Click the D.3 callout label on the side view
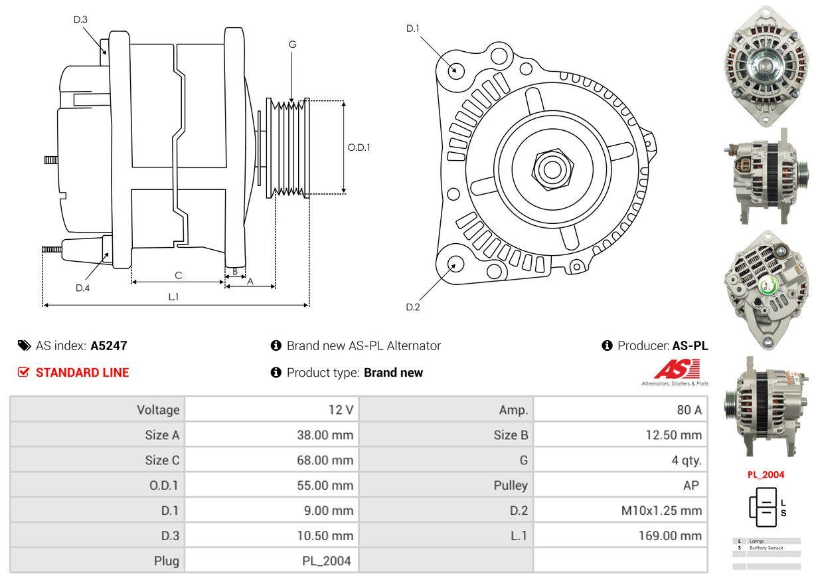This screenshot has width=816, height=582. click(x=80, y=19)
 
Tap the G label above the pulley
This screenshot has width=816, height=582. click(x=292, y=45)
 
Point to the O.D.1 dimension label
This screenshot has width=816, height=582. click(x=359, y=147)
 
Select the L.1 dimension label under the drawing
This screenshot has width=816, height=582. click(x=173, y=297)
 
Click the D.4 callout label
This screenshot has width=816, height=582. click(x=82, y=288)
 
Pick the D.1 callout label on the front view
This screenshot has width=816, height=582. click(x=413, y=28)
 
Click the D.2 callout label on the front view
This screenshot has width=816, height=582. click(x=413, y=307)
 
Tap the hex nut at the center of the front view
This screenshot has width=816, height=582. click(x=550, y=169)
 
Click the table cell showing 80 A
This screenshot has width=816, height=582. click(x=689, y=410)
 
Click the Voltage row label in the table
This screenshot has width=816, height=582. click(x=158, y=410)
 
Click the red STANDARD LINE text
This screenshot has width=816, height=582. click(x=82, y=373)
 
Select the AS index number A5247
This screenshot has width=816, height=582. click(x=109, y=345)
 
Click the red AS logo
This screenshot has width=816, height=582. click(x=677, y=369)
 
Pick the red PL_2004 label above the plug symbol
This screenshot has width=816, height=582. click(x=766, y=475)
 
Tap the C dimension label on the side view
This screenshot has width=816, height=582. click(x=178, y=275)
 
